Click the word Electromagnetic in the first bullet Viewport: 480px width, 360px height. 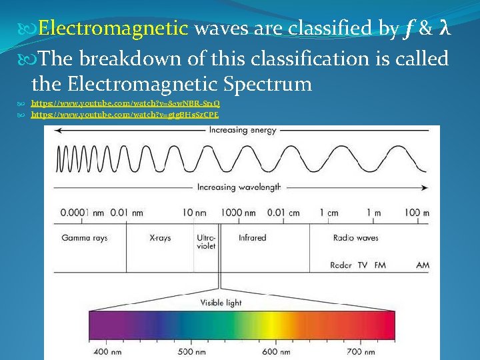pyautogui.click(x=113, y=29)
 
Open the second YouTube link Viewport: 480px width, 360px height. pyautogui.click(x=125, y=115)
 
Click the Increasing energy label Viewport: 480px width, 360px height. pyautogui.click(x=242, y=131)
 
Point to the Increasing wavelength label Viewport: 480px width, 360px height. pyautogui.click(x=239, y=187)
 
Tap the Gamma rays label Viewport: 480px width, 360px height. pyautogui.click(x=84, y=238)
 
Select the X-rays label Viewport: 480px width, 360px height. pyautogui.click(x=160, y=238)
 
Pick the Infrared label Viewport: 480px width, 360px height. pyautogui.click(x=252, y=238)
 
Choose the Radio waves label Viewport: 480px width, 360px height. pyautogui.click(x=355, y=238)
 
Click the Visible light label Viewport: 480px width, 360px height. pyautogui.click(x=221, y=303)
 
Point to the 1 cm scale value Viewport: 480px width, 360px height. pyautogui.click(x=329, y=213)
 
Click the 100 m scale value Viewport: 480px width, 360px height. pyautogui.click(x=417, y=213)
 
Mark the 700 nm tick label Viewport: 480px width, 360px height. pyautogui.click(x=362, y=351)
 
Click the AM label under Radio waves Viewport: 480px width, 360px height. pyautogui.click(x=423, y=265)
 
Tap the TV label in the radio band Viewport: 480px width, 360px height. pyautogui.click(x=363, y=265)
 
